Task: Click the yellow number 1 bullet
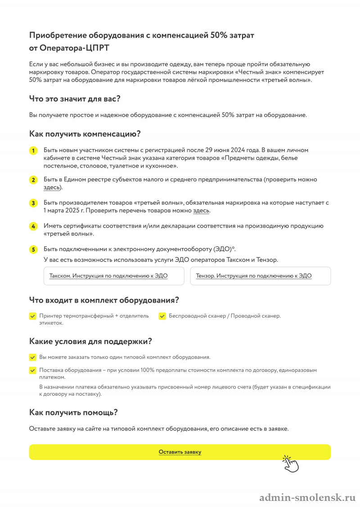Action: (x=33, y=151)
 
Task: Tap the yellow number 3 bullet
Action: (x=33, y=203)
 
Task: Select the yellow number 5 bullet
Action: (x=33, y=249)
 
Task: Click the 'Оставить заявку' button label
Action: (x=180, y=452)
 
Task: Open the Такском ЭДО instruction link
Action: (x=108, y=276)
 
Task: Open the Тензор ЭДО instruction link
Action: (x=254, y=276)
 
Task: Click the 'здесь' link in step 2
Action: (x=51, y=187)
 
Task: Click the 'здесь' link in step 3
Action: (x=201, y=210)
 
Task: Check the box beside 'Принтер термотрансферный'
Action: (x=33, y=316)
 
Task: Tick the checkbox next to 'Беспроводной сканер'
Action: (x=162, y=316)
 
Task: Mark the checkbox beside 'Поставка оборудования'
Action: (x=33, y=371)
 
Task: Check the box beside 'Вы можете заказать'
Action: (x=33, y=357)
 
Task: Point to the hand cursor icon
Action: (x=290, y=464)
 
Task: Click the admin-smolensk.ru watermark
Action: (x=307, y=498)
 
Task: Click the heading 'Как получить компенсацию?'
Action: (x=85, y=134)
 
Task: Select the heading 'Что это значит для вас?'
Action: (x=75, y=98)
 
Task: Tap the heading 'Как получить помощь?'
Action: (x=73, y=412)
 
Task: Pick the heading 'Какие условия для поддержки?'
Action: (x=90, y=341)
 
